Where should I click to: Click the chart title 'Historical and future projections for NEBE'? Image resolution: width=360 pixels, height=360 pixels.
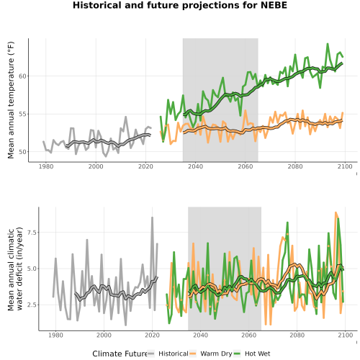180,5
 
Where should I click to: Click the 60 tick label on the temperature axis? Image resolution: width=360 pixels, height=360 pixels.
22,76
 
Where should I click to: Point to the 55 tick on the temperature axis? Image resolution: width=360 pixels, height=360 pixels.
22,114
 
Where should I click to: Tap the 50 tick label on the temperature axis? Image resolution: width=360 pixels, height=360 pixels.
22,152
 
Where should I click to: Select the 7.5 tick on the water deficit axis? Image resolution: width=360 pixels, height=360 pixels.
32,233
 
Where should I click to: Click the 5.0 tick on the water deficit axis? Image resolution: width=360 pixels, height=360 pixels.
32,269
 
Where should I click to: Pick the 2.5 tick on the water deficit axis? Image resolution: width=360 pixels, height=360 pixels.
32,305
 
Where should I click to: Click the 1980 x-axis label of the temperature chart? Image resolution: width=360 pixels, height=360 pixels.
46,166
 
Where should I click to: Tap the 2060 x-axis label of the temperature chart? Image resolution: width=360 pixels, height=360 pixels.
246,166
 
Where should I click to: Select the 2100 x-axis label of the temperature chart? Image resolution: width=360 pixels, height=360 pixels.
345,166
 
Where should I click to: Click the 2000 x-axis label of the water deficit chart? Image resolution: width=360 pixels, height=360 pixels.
104,335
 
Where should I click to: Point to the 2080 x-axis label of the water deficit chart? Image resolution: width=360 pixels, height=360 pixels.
297,335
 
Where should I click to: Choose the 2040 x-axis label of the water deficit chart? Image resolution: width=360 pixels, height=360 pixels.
200,335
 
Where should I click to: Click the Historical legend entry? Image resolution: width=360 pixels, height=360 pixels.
168,354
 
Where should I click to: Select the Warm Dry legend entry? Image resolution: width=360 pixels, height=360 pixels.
211,354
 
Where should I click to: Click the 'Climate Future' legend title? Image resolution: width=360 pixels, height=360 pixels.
120,354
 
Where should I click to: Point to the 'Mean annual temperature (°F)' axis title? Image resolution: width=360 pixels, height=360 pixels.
11,100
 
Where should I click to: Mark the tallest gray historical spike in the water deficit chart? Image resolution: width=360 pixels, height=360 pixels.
152,217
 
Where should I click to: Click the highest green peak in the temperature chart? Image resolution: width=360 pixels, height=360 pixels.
328,44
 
